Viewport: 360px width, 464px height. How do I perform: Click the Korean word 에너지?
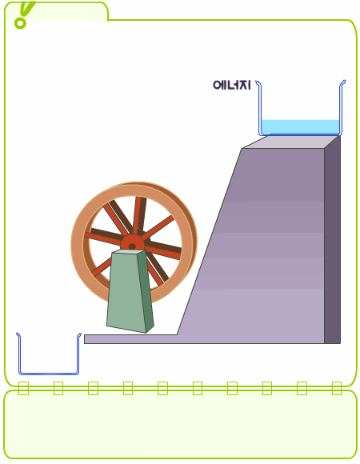point(232,86)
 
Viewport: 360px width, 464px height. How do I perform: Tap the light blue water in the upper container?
point(300,127)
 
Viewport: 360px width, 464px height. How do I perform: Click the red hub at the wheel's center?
point(132,245)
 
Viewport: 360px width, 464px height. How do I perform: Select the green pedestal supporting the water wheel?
point(130,291)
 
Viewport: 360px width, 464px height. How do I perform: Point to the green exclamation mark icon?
point(24,14)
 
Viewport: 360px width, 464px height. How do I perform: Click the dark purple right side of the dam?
point(333,240)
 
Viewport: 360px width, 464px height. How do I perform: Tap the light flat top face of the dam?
point(291,142)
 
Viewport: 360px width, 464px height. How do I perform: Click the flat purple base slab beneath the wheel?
point(130,339)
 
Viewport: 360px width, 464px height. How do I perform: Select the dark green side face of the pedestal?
point(146,291)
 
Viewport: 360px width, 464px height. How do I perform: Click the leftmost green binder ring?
point(24,388)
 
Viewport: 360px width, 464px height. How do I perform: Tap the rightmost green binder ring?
point(337,388)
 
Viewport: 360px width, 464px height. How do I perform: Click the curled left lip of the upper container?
point(258,84)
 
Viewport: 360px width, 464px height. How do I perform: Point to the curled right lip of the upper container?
point(342,84)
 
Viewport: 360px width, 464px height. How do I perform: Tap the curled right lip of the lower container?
point(79,337)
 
